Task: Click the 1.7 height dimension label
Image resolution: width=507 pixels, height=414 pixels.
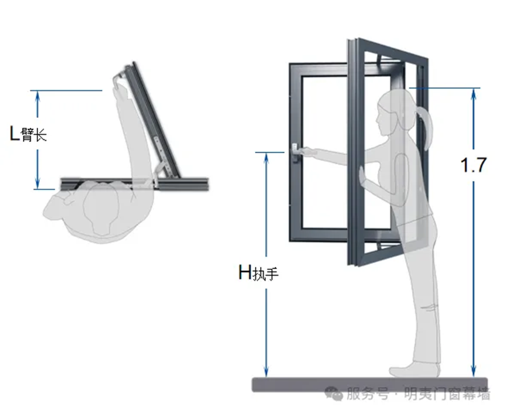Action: (x=474, y=165)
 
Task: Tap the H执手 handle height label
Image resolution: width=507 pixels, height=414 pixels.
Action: (x=258, y=272)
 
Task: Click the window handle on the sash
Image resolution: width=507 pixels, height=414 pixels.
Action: (x=295, y=152)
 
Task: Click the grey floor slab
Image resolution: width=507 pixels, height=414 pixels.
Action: (x=370, y=385)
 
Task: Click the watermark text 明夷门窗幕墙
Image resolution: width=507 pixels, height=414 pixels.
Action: (x=447, y=394)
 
